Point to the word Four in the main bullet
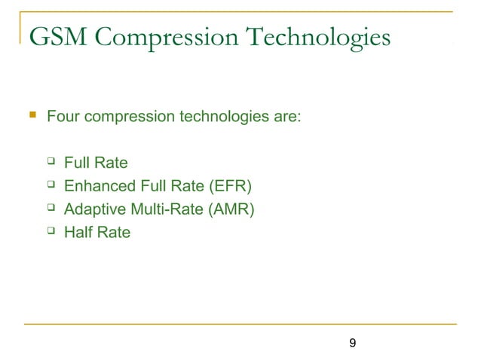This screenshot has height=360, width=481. (63, 117)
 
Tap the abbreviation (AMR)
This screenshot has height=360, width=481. (229, 209)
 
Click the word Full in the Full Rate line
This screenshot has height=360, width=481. (77, 162)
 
